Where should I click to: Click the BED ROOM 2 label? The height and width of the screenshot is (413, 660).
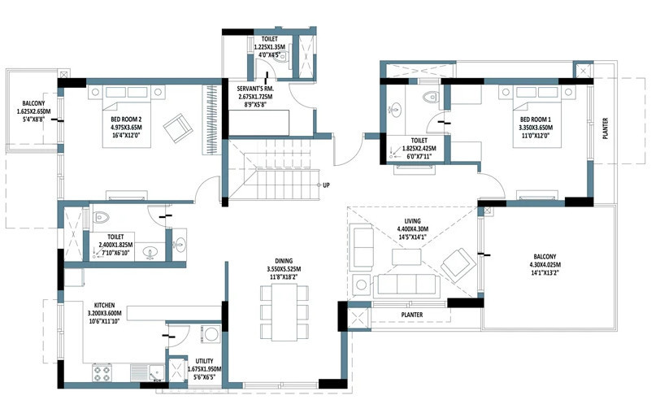tap(128, 120)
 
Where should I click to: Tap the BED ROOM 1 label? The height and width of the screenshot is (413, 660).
tap(536, 120)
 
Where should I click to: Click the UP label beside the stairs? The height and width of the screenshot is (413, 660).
tap(327, 185)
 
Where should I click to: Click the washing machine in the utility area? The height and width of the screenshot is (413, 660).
tap(211, 333)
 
